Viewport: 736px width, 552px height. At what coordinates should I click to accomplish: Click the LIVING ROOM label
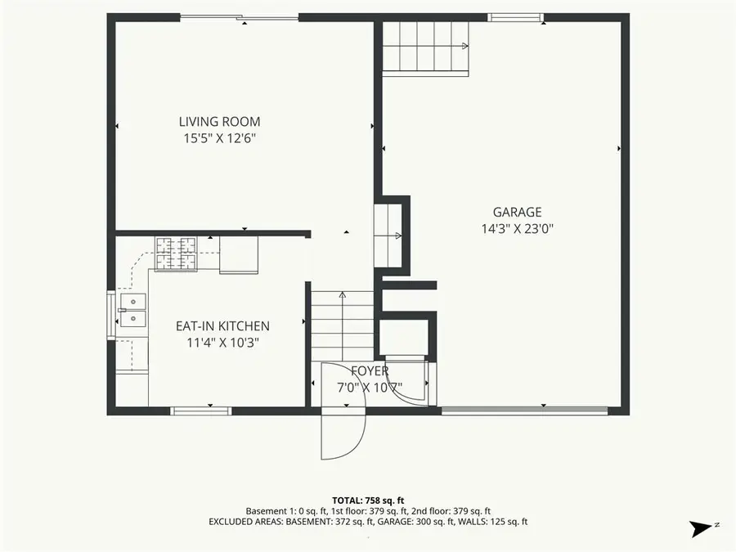click(219, 122)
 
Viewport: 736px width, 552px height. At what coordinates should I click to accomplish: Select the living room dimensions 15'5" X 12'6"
click(219, 138)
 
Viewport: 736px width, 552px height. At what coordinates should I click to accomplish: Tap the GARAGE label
click(516, 213)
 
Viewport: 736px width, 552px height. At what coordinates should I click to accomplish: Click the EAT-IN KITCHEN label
click(222, 325)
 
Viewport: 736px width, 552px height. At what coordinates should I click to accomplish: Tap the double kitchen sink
click(132, 311)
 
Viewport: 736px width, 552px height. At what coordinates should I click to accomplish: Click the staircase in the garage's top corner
click(426, 47)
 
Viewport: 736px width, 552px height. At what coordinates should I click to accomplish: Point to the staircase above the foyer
click(343, 323)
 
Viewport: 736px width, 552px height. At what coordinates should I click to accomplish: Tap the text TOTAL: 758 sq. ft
click(368, 500)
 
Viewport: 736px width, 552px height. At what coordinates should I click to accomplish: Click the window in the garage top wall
click(516, 17)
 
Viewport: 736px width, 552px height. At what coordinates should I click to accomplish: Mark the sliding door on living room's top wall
click(239, 17)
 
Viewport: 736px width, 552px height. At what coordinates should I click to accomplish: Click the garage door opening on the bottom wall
click(524, 411)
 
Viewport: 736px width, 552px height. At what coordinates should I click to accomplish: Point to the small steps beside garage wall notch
click(388, 236)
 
